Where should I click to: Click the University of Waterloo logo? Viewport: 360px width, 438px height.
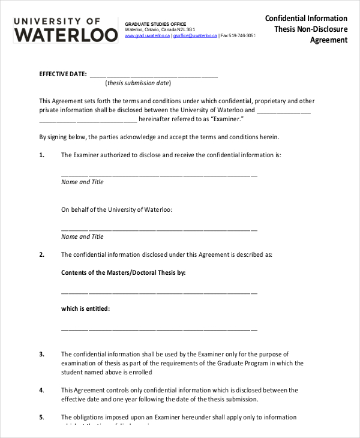pyautogui.click(x=65, y=29)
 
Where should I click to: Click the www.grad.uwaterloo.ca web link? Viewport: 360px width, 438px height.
pyautogui.click(x=148, y=36)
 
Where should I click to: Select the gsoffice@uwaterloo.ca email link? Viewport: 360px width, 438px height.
pyautogui.click(x=196, y=36)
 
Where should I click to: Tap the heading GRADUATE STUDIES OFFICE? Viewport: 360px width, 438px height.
pyautogui.click(x=151, y=23)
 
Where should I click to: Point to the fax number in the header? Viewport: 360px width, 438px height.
pyautogui.click(x=239, y=36)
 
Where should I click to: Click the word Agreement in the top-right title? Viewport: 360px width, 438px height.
pyautogui.click(x=328, y=40)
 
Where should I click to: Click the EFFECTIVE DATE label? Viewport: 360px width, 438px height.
pyautogui.click(x=62, y=74)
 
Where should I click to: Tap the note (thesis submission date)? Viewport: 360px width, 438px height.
pyautogui.click(x=138, y=83)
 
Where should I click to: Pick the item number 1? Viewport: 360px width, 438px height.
pyautogui.click(x=42, y=155)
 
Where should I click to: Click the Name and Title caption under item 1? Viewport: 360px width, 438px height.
pyautogui.click(x=82, y=182)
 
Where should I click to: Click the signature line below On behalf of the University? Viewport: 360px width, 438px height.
pyautogui.click(x=159, y=229)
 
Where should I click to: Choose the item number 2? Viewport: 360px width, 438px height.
pyautogui.click(x=42, y=254)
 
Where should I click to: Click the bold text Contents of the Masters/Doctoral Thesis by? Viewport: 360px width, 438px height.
pyautogui.click(x=124, y=272)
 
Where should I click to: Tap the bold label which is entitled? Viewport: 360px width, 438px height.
pyautogui.click(x=85, y=308)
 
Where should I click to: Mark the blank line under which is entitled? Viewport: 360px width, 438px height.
pyautogui.click(x=159, y=329)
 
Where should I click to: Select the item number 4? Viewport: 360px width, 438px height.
pyautogui.click(x=42, y=390)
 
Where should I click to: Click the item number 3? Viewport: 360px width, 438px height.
pyautogui.click(x=42, y=354)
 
